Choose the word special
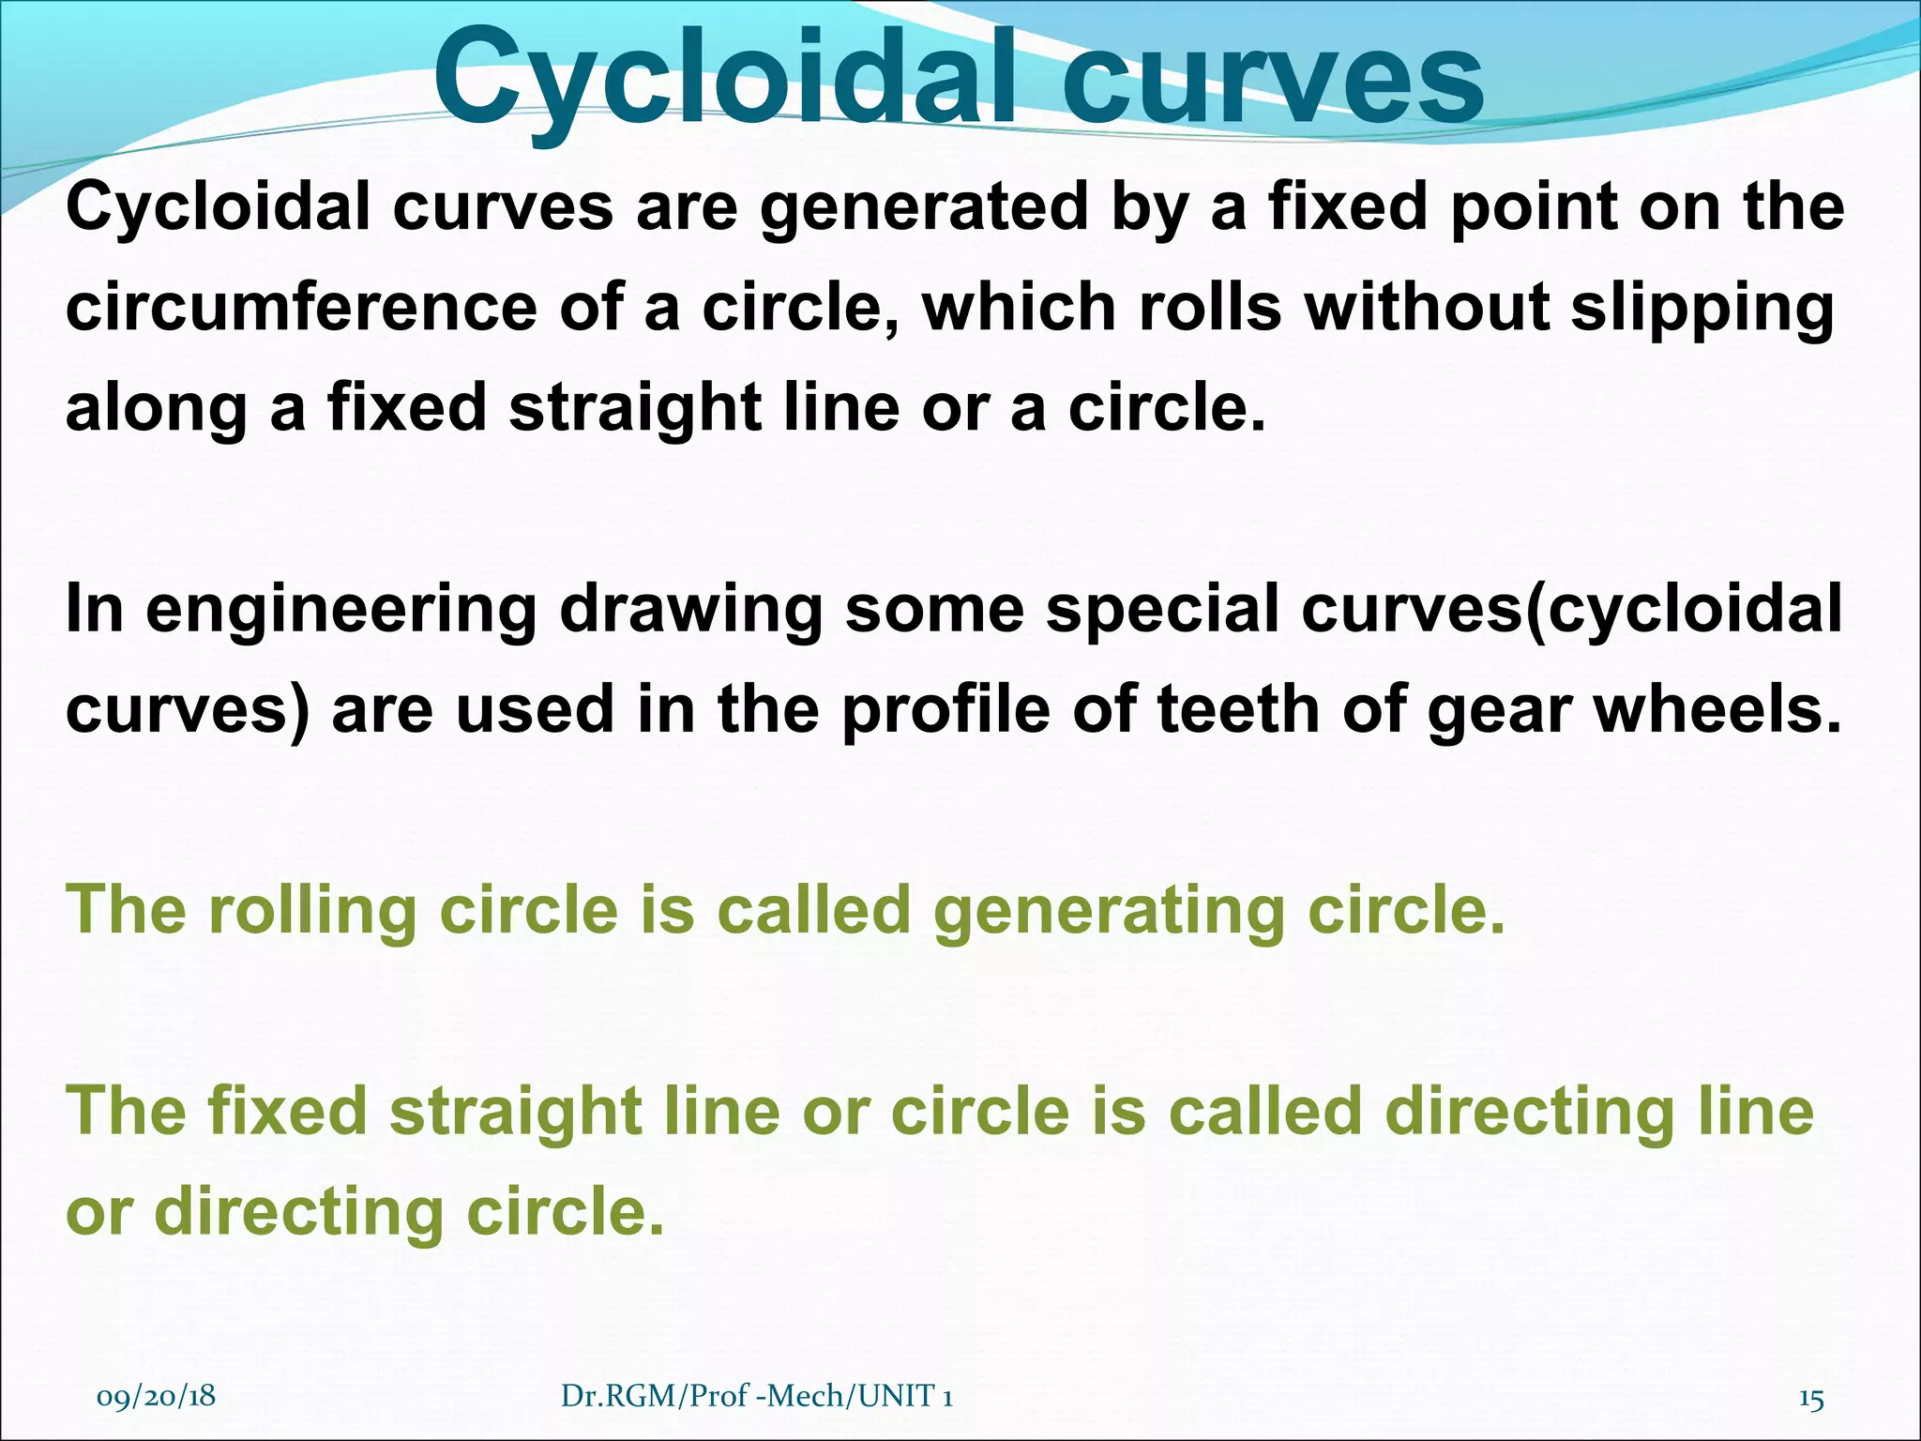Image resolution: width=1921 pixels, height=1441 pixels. (x=1162, y=611)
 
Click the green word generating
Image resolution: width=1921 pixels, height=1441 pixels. (x=1108, y=913)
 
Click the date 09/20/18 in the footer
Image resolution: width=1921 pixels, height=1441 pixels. (x=156, y=1396)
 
